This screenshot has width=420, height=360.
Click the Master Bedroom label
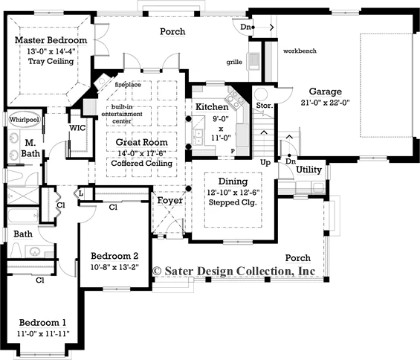pos(51,40)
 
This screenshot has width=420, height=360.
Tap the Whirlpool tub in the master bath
pos(24,120)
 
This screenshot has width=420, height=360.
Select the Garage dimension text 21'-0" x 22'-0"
pos(325,103)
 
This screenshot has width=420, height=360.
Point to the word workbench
pos(300,51)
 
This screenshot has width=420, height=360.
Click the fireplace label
pos(128,85)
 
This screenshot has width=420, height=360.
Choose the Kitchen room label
pos(212,106)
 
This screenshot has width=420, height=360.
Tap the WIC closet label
pos(77,128)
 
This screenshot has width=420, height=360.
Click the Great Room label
pos(142,142)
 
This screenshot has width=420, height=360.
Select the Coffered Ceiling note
pos(142,163)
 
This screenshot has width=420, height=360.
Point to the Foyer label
pos(169,200)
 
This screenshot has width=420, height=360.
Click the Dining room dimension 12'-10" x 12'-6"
pos(233,193)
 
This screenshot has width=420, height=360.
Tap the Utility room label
pos(308,170)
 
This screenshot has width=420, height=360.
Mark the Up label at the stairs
pos(265,163)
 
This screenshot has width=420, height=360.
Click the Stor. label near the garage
pos(264,106)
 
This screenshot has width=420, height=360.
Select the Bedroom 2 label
pos(114,256)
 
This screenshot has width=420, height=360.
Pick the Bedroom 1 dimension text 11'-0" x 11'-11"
pos(43,334)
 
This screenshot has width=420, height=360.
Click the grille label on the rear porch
pos(234,62)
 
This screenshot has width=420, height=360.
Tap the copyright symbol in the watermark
pos(157,271)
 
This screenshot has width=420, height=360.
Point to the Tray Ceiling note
pos(51,61)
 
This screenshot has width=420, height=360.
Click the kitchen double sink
pos(198,136)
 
